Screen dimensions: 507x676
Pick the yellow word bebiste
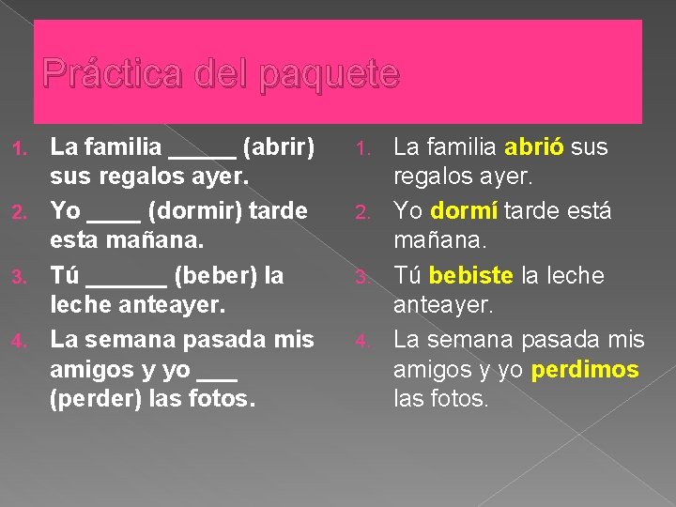pos(471,276)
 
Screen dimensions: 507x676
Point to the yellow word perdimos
pos(584,369)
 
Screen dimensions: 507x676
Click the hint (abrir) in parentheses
pos(278,147)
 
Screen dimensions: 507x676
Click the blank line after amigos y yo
pos(218,377)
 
